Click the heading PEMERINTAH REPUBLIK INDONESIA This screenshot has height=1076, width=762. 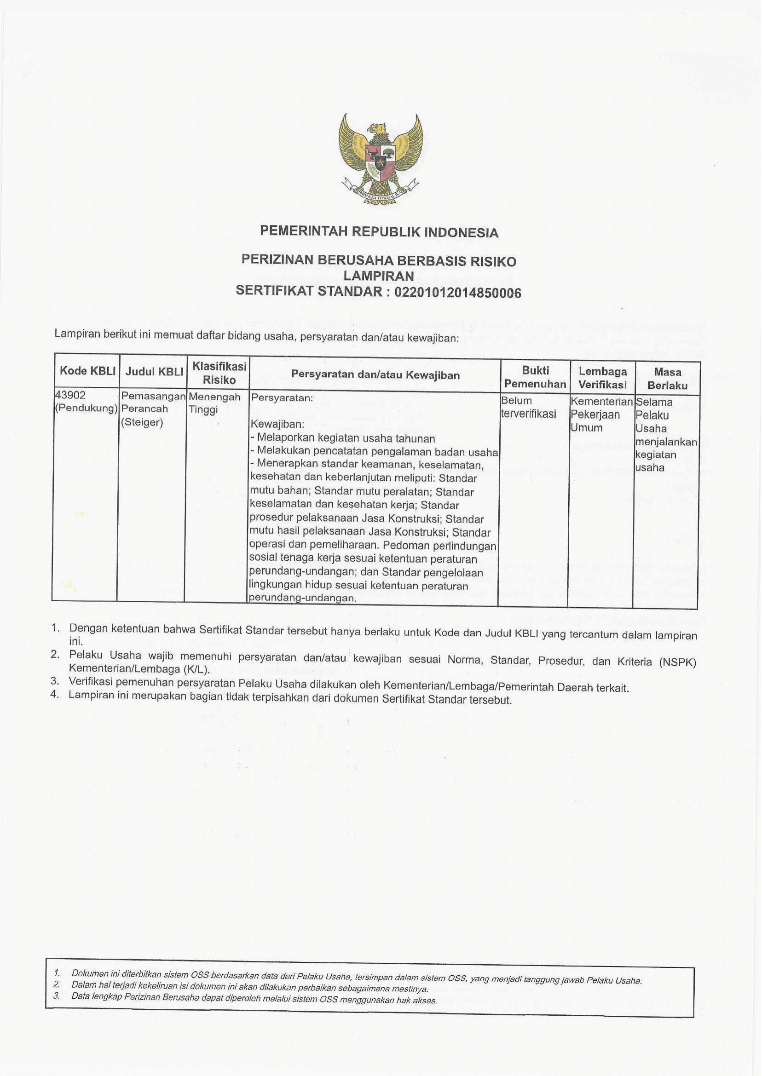pyautogui.click(x=379, y=232)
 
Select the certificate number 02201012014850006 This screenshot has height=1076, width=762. pyautogui.click(x=458, y=293)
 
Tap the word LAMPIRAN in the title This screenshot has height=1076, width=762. pyautogui.click(x=379, y=277)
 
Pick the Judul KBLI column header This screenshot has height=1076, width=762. pyautogui.click(x=154, y=372)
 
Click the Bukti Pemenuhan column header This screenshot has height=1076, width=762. pyautogui.click(x=535, y=377)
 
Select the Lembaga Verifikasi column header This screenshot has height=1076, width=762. pyautogui.click(x=602, y=378)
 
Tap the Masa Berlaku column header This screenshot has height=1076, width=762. pyautogui.click(x=667, y=379)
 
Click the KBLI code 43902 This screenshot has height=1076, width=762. pyautogui.click(x=71, y=396)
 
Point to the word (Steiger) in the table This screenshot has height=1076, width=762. pyautogui.click(x=142, y=423)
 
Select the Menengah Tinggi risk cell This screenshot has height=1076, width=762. pyautogui.click(x=214, y=403)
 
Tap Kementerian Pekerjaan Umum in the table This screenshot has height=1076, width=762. pyautogui.click(x=601, y=414)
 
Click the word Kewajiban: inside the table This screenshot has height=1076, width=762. pyautogui.click(x=278, y=425)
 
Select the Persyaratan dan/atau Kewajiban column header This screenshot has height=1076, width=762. pyautogui.click(x=375, y=375)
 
